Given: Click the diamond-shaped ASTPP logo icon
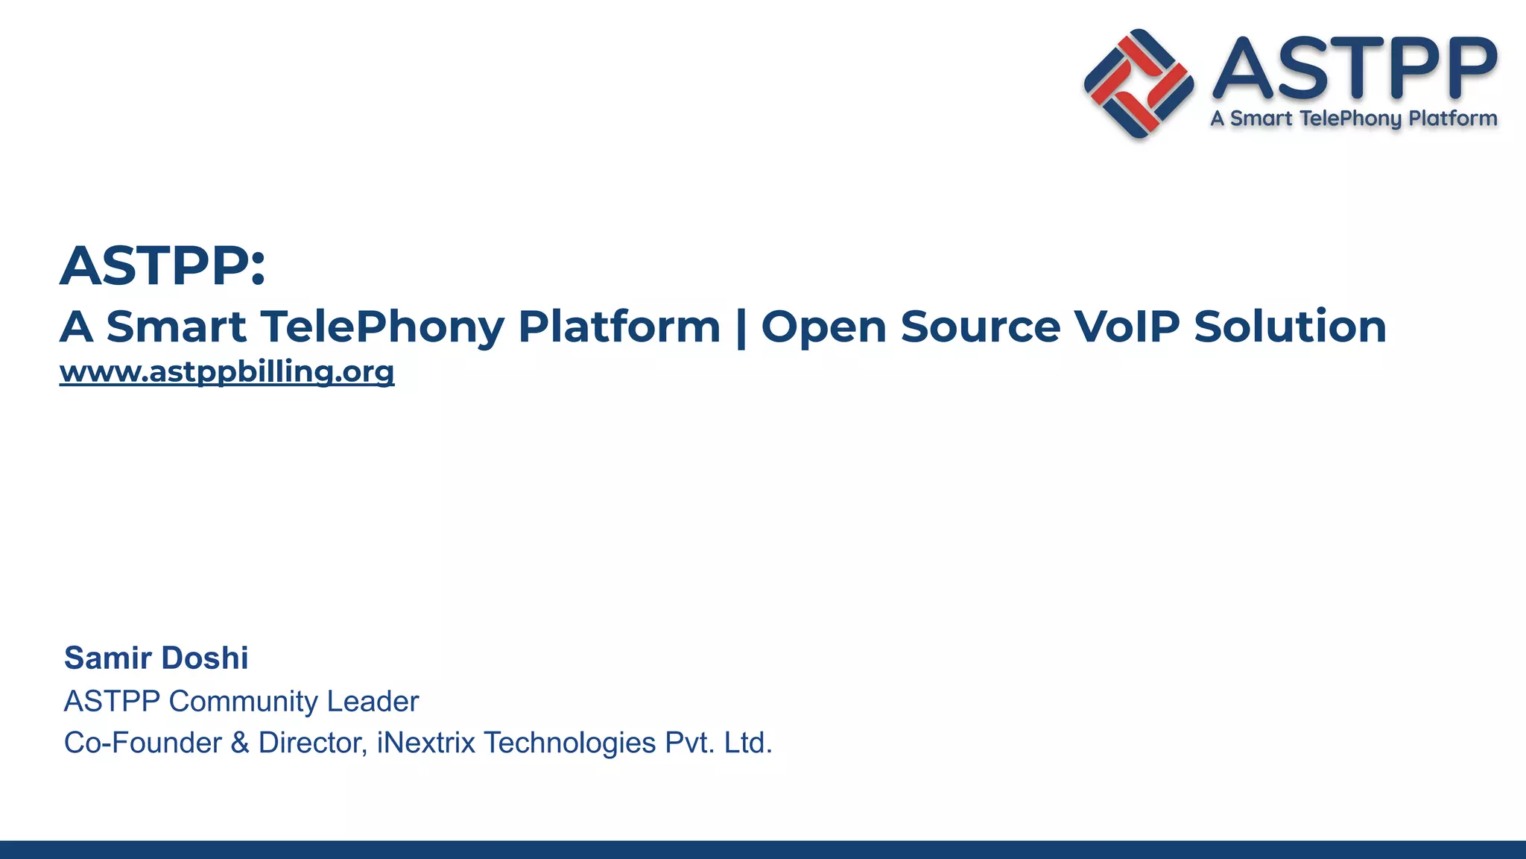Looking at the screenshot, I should (1139, 84).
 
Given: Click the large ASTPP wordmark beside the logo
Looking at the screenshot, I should (1355, 69).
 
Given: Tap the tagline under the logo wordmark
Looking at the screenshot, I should (1354, 119).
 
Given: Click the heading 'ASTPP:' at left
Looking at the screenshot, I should (162, 265).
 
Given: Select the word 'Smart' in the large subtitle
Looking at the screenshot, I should (176, 327).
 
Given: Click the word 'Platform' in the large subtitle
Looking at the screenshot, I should (619, 327).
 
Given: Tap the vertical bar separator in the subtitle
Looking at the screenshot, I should (741, 328).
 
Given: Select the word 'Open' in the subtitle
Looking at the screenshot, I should (823, 328).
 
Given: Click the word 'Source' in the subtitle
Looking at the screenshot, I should (980, 327).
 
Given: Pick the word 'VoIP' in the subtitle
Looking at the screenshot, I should (1127, 327).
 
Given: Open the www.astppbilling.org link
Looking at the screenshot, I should (227, 371).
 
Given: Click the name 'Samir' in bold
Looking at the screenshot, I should (108, 658).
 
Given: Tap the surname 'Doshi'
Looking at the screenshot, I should (204, 658).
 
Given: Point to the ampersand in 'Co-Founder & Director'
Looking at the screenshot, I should (240, 743).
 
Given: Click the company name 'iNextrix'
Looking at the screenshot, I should (425, 743).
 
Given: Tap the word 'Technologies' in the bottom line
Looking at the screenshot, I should (569, 743).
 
